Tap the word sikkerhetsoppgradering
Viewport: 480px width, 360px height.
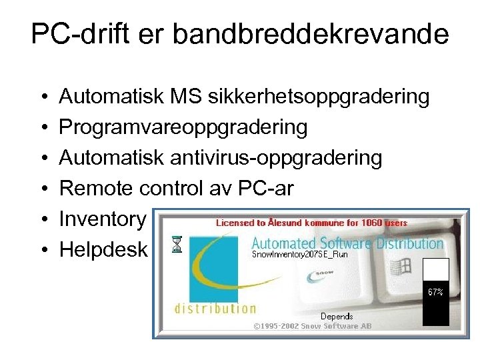(x=319, y=97)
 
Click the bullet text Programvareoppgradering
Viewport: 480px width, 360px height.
(x=183, y=127)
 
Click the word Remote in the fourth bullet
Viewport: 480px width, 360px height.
(x=97, y=189)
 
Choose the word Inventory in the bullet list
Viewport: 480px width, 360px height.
(x=102, y=219)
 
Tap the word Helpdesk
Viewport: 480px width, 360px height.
(x=103, y=249)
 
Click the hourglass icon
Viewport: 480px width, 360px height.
(x=176, y=245)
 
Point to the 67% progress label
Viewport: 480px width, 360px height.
(x=435, y=291)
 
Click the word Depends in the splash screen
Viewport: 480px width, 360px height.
(x=337, y=316)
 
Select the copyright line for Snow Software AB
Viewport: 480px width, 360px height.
(x=312, y=326)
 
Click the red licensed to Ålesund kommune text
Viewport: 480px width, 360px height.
(x=311, y=223)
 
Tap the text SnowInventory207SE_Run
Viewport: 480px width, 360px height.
(x=299, y=254)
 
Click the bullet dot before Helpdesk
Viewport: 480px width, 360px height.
(x=43, y=250)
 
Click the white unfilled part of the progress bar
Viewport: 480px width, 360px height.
(x=436, y=270)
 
